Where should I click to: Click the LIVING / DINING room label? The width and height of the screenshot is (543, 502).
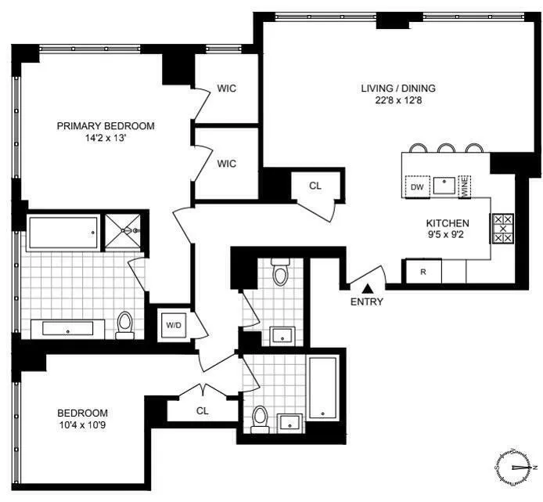398,88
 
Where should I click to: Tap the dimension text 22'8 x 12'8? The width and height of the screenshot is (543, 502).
398,100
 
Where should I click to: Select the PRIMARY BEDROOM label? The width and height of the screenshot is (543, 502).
106,125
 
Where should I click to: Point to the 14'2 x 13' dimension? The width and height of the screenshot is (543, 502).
106,138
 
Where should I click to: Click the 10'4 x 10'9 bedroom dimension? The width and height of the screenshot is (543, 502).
82,425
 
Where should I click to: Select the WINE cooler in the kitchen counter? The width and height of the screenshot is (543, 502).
464,186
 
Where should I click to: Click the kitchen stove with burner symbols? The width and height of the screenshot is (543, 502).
502,228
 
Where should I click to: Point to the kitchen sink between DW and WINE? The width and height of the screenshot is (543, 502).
444,186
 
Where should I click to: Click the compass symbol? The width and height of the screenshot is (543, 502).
514,468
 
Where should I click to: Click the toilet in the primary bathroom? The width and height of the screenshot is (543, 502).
124,324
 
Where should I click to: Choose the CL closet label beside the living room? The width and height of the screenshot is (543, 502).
315,186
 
